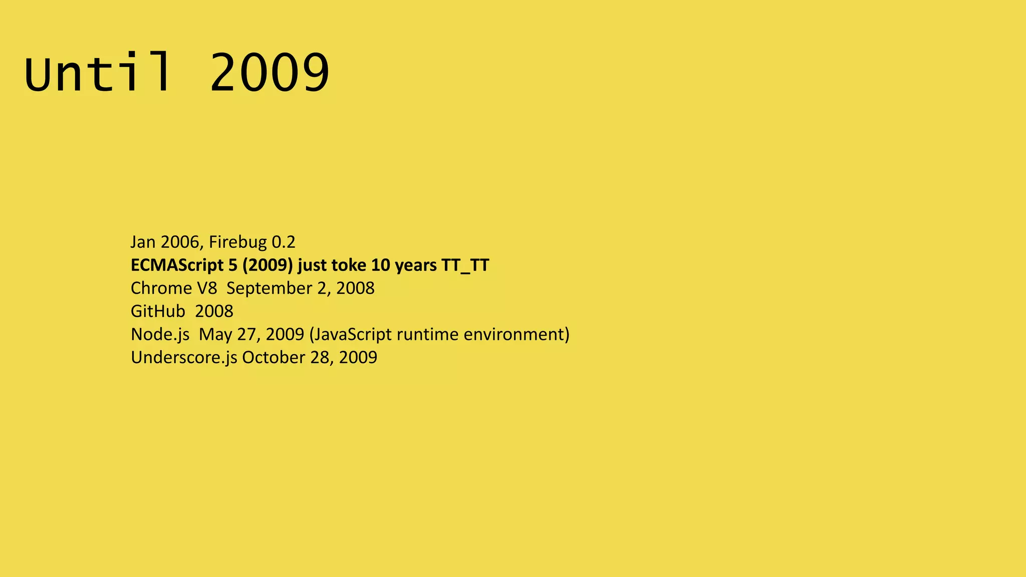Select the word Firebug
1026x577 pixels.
tap(237, 242)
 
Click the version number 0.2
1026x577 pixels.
tap(284, 242)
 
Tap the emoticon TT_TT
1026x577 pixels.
tap(465, 265)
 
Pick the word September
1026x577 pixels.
tap(270, 288)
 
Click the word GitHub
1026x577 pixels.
tap(158, 311)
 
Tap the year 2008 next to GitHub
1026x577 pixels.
tap(214, 311)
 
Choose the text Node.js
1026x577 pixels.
tap(160, 334)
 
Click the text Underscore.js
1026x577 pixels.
tap(184, 357)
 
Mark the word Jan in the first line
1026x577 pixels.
tap(143, 242)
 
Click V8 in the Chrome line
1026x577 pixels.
tap(207, 288)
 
